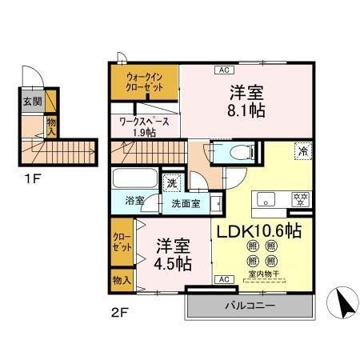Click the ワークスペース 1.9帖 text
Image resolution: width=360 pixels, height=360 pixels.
click(143, 126)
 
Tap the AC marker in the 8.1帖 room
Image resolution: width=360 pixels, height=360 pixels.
click(222, 70)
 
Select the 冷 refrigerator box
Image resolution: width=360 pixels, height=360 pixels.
click(302, 150)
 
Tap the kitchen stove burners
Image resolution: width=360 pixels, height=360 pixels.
click(302, 199)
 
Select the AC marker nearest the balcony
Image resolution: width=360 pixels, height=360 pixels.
click(223, 279)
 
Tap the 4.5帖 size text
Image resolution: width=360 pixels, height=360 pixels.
click(172, 262)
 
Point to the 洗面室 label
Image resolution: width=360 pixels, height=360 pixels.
click(185, 202)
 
